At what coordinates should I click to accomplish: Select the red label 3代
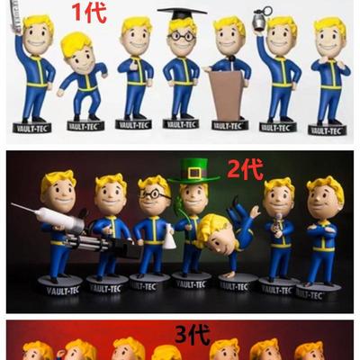192,335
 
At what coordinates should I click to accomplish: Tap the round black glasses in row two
154,194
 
